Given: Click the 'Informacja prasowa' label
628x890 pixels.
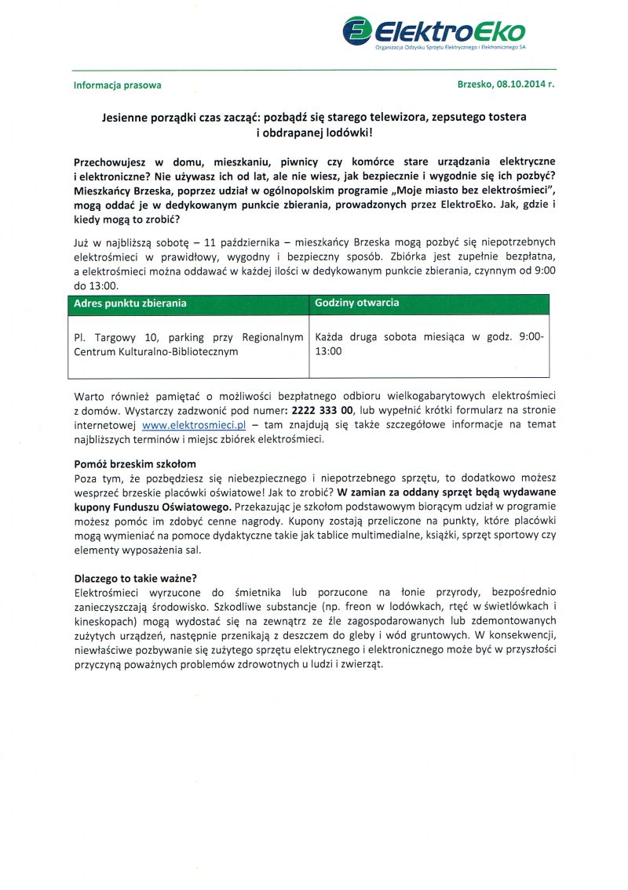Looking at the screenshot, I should click(x=117, y=85).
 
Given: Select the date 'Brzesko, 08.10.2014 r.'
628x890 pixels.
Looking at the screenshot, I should click(x=506, y=85).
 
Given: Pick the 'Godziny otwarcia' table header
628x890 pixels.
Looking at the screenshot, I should click(x=356, y=303).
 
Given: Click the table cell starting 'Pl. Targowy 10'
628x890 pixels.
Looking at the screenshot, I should click(x=188, y=344).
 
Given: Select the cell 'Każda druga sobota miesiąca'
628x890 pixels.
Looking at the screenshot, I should click(x=429, y=344).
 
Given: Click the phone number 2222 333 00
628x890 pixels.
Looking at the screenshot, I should click(x=323, y=410).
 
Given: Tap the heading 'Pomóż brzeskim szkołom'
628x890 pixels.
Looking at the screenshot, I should click(x=134, y=464).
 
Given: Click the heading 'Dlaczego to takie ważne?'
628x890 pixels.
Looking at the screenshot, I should click(x=135, y=578).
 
